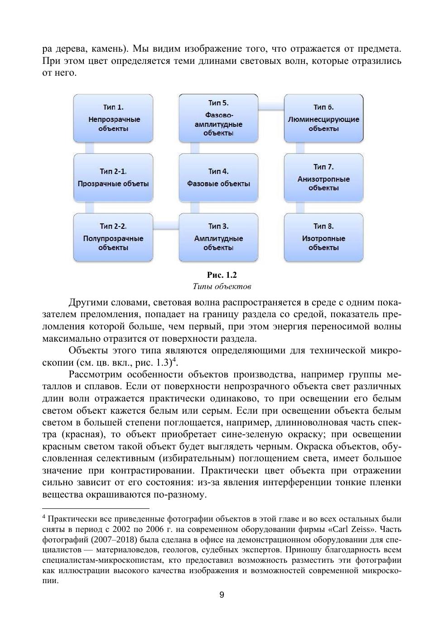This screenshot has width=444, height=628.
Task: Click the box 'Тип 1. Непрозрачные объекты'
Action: point(113,118)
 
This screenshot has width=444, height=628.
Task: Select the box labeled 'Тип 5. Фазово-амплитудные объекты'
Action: point(218,118)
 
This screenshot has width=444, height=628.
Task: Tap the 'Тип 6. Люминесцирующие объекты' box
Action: point(323,118)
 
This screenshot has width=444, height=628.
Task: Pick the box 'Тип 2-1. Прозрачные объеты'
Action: point(113,178)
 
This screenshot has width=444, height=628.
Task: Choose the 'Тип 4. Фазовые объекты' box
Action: point(218,178)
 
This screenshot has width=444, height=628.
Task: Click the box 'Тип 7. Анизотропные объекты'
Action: point(323,178)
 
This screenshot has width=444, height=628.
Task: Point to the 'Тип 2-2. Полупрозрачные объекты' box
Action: point(113,237)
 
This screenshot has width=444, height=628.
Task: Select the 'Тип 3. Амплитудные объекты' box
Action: point(218,237)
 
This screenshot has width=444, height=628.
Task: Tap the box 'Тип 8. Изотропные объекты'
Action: point(323,237)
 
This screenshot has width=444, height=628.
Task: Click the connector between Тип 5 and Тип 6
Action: point(271,106)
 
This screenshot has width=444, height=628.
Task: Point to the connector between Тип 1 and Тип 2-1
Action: point(90,148)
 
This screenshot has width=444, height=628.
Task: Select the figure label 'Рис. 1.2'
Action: point(222,275)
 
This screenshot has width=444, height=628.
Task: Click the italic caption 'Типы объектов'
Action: point(222,286)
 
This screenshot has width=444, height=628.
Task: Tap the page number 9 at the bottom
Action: point(222,595)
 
